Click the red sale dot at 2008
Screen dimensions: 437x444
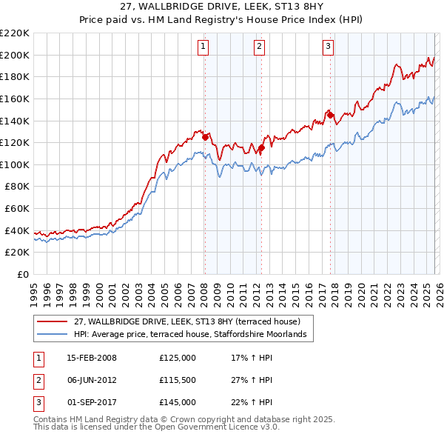205,136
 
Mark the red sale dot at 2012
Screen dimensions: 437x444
261,147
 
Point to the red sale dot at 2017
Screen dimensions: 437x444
330,115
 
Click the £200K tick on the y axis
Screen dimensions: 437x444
15,55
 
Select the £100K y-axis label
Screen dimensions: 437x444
15,164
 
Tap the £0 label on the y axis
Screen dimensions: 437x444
21,274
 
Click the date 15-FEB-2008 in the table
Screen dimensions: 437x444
92,358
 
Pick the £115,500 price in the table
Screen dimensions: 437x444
177,380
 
